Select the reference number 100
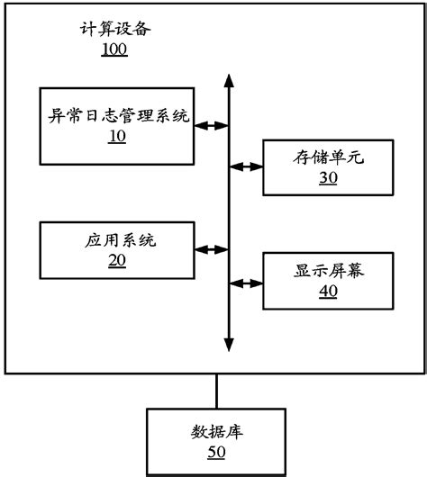[x=114, y=49]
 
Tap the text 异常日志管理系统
[x=118, y=116]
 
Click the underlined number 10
[x=117, y=137]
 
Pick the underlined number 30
[x=327, y=178]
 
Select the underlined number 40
[x=327, y=292]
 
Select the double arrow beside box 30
[x=245, y=166]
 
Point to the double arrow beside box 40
[x=245, y=283]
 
